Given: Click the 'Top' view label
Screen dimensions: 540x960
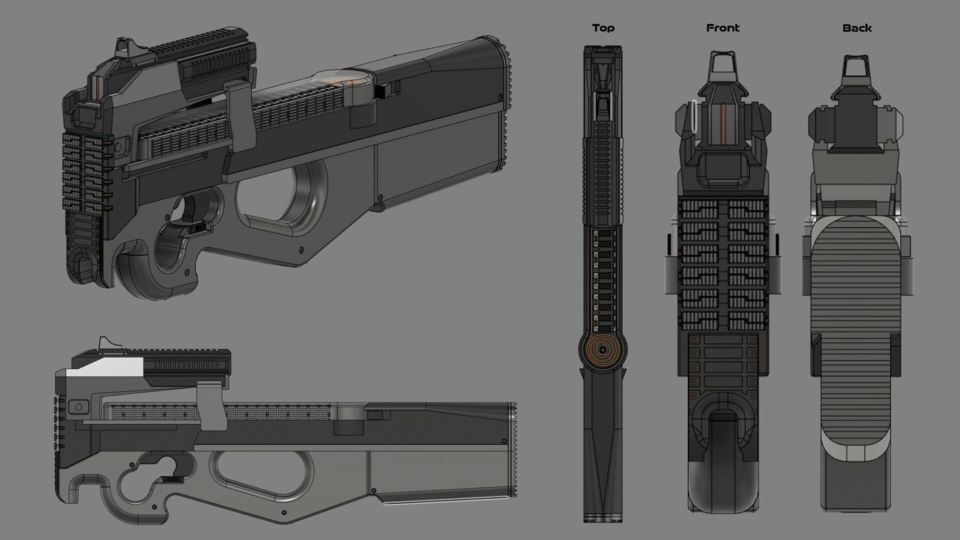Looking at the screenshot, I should (x=603, y=28).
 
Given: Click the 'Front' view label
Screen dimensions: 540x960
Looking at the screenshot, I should (x=722, y=28).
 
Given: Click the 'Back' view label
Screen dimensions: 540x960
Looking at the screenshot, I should (x=857, y=28).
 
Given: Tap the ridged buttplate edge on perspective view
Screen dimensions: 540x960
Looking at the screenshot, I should (x=508, y=105).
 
